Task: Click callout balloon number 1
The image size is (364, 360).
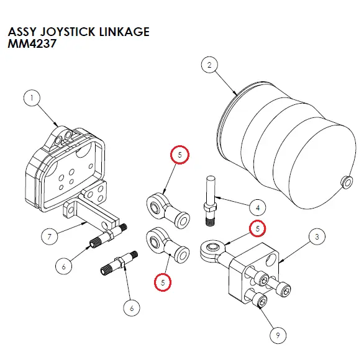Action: click(32, 97)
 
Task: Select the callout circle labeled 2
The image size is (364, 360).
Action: click(210, 65)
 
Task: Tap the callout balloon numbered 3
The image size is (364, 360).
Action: click(317, 236)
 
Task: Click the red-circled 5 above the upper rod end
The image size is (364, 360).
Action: click(178, 155)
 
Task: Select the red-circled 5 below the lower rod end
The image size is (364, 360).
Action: click(163, 282)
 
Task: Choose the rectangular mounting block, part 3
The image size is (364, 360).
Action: click(248, 273)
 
